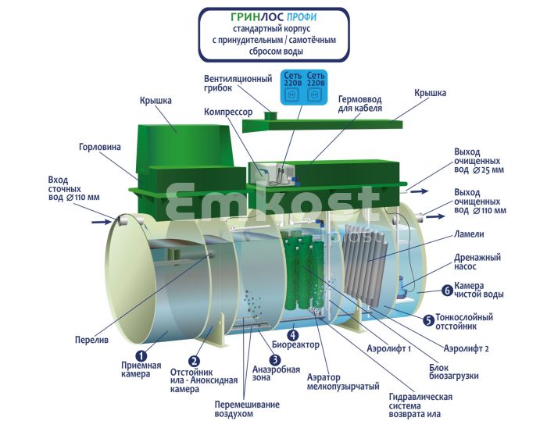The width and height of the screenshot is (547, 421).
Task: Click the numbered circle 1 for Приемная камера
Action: pyautogui.click(x=141, y=355)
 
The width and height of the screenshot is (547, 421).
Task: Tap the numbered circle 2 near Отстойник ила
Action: pyautogui.click(x=195, y=361)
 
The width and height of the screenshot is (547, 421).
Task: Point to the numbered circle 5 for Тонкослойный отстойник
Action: pyautogui.click(x=428, y=319)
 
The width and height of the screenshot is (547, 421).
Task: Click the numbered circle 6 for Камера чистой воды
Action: pyautogui.click(x=446, y=289)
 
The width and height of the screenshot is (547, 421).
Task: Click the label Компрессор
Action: pyautogui.click(x=227, y=112)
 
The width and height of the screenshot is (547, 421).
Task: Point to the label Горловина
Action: pyautogui.click(x=99, y=147)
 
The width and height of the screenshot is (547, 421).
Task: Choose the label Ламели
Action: pyautogui.click(x=469, y=234)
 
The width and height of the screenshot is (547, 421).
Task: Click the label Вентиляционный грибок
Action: pyautogui.click(x=238, y=83)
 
